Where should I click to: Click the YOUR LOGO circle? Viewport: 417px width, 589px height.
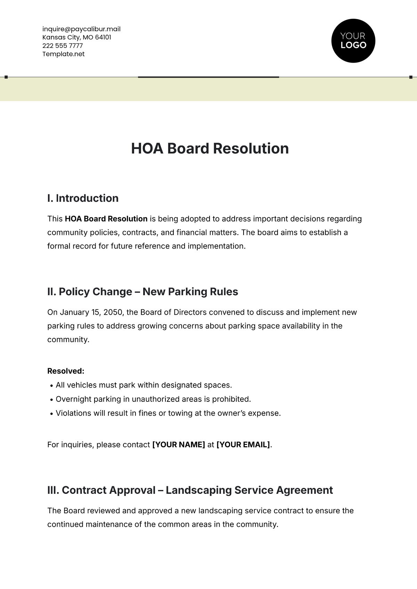pyautogui.click(x=353, y=41)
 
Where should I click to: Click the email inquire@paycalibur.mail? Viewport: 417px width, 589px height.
pyautogui.click(x=81, y=29)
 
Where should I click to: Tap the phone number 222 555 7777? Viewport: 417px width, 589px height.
pyautogui.click(x=63, y=45)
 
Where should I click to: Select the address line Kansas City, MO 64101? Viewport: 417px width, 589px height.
pyautogui.click(x=77, y=37)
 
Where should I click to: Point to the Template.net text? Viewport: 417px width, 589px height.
pyautogui.click(x=64, y=54)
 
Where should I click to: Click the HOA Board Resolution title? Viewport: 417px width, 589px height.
pyautogui.click(x=210, y=149)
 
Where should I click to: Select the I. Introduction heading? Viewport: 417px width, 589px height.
pyautogui.click(x=83, y=198)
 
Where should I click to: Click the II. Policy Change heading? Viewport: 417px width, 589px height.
pyautogui.click(x=142, y=292)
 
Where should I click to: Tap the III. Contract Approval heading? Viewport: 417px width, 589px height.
pyautogui.click(x=190, y=490)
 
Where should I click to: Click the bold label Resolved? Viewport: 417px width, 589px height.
pyautogui.click(x=66, y=371)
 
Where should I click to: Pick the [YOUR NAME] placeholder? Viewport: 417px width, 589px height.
pyautogui.click(x=179, y=445)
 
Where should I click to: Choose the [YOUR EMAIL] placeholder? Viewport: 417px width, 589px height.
pyautogui.click(x=243, y=445)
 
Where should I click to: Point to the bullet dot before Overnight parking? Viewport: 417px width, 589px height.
pyautogui.click(x=52, y=400)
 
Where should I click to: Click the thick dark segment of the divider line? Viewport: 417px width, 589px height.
pyautogui.click(x=208, y=77)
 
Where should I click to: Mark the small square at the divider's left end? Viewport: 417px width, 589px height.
pyautogui.click(x=6, y=77)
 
